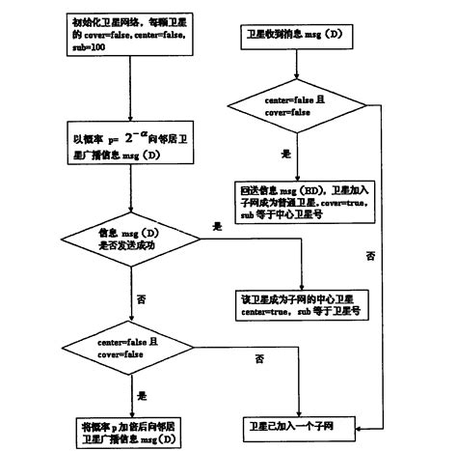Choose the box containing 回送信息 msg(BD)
coord(297,197)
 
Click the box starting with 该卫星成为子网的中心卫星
coord(296,306)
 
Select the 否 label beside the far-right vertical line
coord(371,256)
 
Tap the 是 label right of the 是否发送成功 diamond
coord(217,224)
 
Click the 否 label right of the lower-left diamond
coord(259,359)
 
